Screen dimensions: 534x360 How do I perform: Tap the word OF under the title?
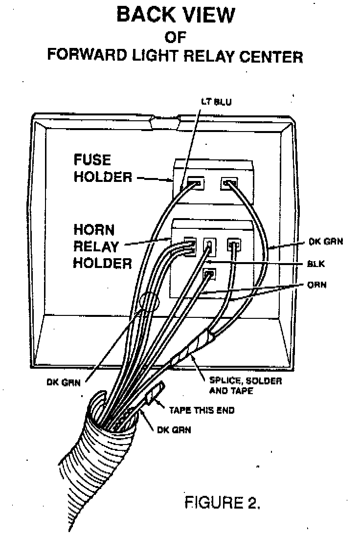click(x=176, y=37)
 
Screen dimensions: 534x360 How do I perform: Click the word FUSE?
click(x=92, y=160)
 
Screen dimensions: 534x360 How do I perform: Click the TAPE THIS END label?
click(x=202, y=410)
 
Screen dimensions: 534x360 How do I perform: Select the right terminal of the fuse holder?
click(x=228, y=184)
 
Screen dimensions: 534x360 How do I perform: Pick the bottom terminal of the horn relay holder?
click(x=209, y=274)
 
